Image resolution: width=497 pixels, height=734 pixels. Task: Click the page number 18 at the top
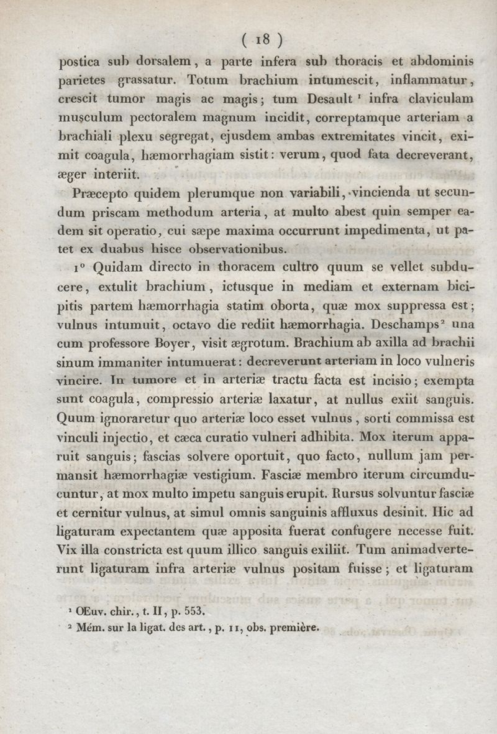coord(262,40)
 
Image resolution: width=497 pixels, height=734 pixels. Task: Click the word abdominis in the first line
coord(441,62)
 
